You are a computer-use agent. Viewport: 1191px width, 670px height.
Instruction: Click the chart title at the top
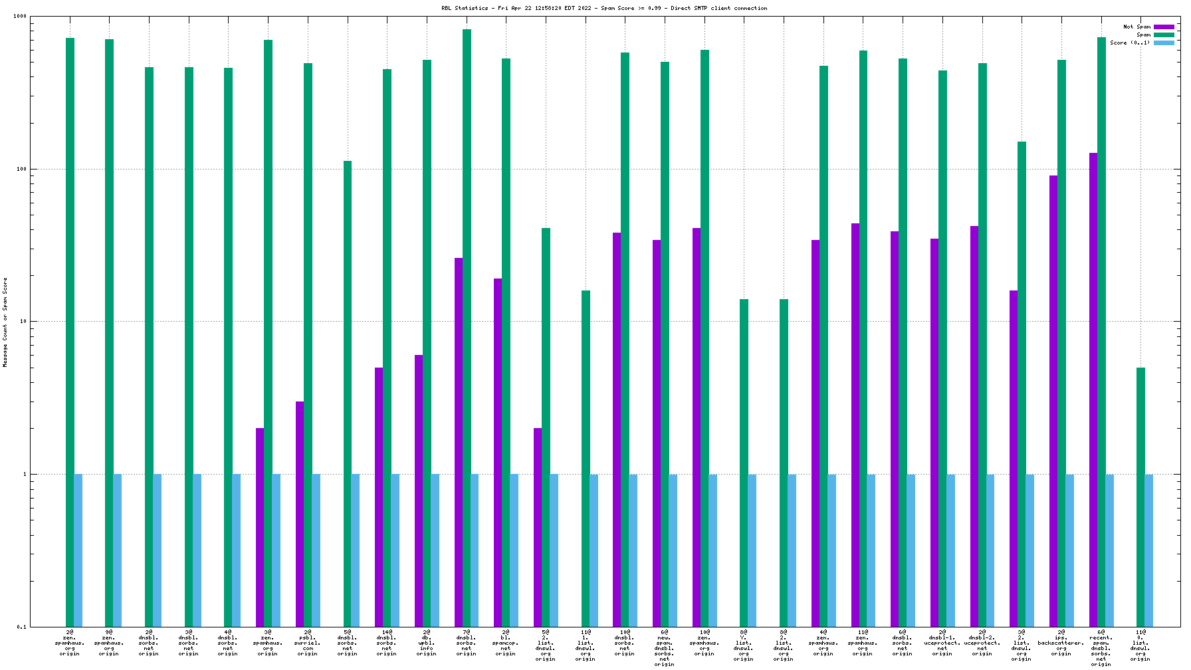point(603,9)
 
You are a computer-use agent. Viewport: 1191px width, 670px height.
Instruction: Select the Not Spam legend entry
point(1137,27)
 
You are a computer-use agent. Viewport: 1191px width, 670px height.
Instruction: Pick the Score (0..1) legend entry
point(1129,43)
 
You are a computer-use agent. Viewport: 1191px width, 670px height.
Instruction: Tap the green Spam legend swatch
point(1164,35)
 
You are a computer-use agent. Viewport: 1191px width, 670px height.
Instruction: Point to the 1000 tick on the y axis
point(20,17)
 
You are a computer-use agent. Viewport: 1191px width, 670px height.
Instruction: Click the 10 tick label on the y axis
point(22,322)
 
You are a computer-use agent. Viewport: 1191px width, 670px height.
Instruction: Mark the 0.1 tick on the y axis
point(21,627)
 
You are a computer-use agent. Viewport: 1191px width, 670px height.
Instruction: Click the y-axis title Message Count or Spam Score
point(5,322)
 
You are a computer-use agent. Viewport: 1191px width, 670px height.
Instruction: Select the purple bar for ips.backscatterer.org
point(1053,399)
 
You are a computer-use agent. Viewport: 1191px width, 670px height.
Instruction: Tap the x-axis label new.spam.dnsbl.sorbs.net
point(664,648)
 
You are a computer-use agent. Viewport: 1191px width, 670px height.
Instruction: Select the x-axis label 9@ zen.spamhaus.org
point(109,643)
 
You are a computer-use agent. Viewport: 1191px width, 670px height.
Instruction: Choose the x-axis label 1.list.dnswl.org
point(586,645)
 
